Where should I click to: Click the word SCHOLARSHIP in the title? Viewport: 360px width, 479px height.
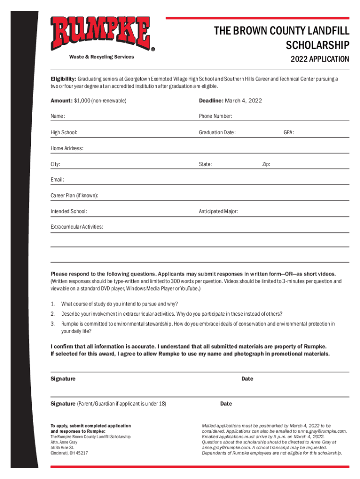[x=317, y=45]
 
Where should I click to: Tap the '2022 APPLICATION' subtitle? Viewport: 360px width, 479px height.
[x=319, y=59]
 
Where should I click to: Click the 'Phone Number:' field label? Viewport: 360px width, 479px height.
[x=216, y=116]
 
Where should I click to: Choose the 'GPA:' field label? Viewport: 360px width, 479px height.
[x=288, y=132]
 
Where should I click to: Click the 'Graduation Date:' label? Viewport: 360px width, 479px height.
[x=217, y=132]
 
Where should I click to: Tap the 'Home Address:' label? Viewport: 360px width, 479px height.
[x=67, y=148]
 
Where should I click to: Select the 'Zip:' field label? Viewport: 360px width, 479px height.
[x=266, y=164]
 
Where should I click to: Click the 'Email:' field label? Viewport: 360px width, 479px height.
[x=57, y=180]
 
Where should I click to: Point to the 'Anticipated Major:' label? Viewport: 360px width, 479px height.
[x=218, y=211]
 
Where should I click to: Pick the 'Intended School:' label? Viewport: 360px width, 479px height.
[x=68, y=211]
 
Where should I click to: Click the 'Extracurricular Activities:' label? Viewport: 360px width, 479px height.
[x=77, y=227]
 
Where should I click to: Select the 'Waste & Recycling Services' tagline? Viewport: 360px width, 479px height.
[x=101, y=57]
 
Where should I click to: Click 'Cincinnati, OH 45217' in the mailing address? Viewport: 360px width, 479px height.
[x=69, y=453]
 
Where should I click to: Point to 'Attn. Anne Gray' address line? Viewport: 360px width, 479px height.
[x=64, y=442]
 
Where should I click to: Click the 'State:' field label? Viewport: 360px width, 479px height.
[x=205, y=164]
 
